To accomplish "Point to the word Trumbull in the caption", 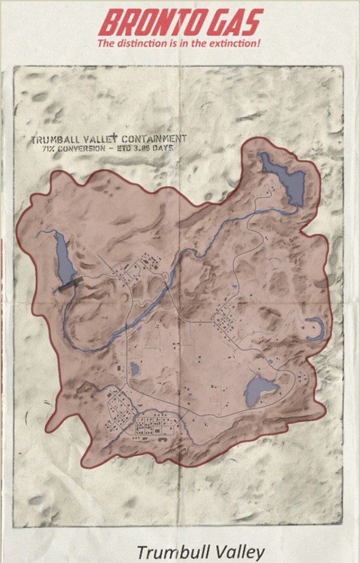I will (168, 552).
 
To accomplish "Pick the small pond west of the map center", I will (135, 369).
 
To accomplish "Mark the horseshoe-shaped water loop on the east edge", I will (317, 328).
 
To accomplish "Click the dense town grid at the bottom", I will (155, 426).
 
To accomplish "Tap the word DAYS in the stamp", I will (164, 148).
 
